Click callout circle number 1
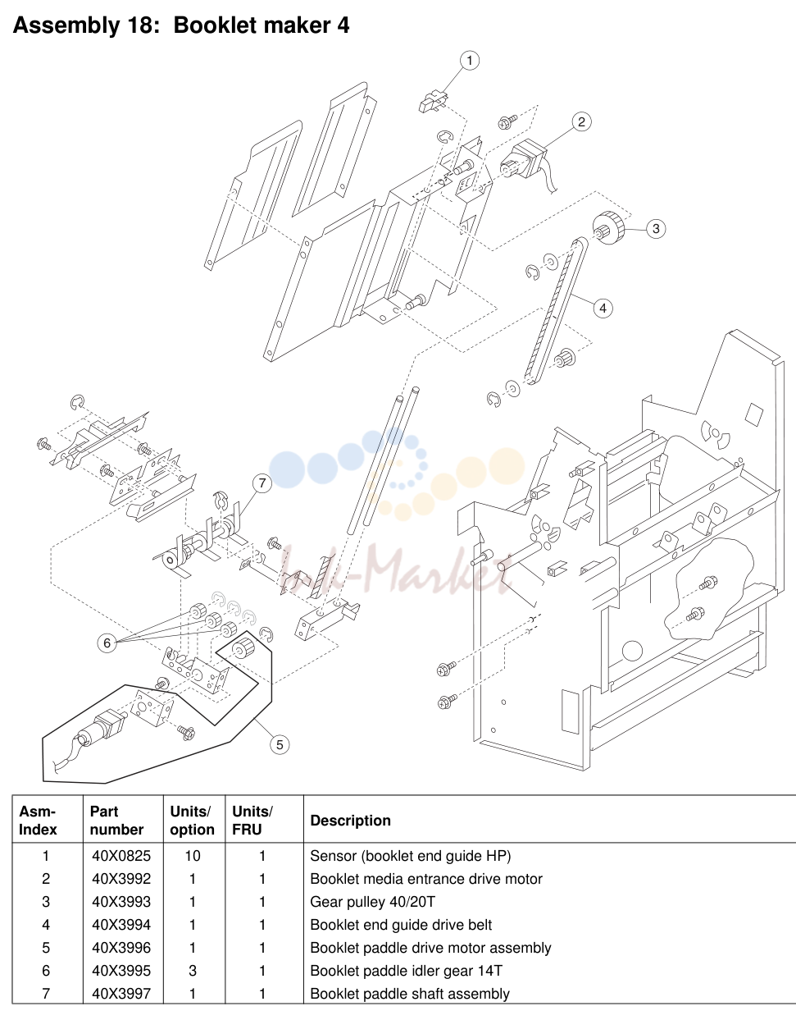470,61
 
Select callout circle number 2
581,122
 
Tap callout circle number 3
656,229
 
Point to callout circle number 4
603,309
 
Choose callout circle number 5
280,744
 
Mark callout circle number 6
107,643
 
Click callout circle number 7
262,483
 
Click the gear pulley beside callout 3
608,226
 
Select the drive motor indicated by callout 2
524,162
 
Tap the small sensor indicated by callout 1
434,102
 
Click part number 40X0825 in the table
121,856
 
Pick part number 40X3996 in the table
121,948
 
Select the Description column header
350,820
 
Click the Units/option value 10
193,856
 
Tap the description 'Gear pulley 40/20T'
373,902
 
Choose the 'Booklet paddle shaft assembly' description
410,994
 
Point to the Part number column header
116,820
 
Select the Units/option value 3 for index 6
193,971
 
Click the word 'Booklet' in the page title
213,25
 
